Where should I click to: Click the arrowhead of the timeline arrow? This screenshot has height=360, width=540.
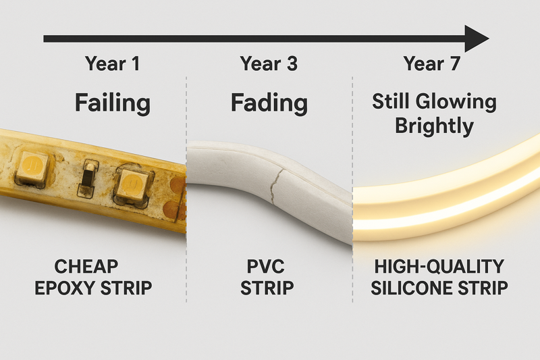478,38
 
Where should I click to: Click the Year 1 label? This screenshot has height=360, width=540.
113,64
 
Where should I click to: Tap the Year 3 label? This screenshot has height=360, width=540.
269,64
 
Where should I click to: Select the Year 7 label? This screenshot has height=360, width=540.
431,64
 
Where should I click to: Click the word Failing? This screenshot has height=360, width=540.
113,103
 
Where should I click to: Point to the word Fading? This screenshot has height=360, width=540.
269,103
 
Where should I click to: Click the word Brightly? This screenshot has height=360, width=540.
434,126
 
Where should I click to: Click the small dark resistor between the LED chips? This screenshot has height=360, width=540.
86,178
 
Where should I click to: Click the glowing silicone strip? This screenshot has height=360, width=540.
446,192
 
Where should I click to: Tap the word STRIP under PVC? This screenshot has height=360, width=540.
269,288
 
